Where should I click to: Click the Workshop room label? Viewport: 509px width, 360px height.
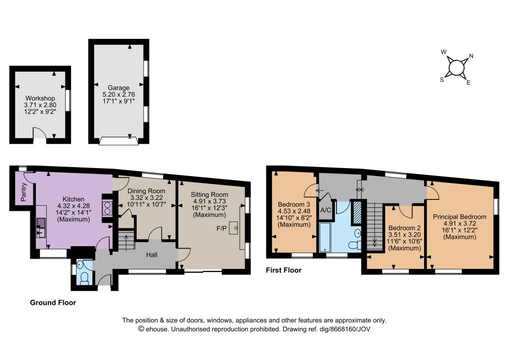pos(40,98)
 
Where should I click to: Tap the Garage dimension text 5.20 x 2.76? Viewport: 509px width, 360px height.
pos(119,94)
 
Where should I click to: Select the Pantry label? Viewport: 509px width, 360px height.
pos(23,192)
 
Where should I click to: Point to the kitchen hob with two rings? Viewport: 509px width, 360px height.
pos(107,208)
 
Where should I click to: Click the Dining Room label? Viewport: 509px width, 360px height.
pos(147,191)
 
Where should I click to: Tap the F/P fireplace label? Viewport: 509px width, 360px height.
pos(222,229)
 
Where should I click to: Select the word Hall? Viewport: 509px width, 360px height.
pos(152,255)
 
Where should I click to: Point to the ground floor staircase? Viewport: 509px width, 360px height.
pos(126,240)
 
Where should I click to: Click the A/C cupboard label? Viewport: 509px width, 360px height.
pos(326,210)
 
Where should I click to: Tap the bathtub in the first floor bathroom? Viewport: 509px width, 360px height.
pos(325,237)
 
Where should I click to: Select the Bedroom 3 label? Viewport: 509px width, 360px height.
pos(294,204)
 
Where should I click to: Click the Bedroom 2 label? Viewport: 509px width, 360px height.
pos(405,228)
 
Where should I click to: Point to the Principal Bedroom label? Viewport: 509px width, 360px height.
pos(460,216)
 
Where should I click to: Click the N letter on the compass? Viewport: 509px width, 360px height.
pos(471,56)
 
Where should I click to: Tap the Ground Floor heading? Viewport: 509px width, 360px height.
pos(53,302)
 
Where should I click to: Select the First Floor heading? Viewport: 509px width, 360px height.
pos(284,270)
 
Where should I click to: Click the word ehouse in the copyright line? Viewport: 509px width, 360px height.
pos(157,329)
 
